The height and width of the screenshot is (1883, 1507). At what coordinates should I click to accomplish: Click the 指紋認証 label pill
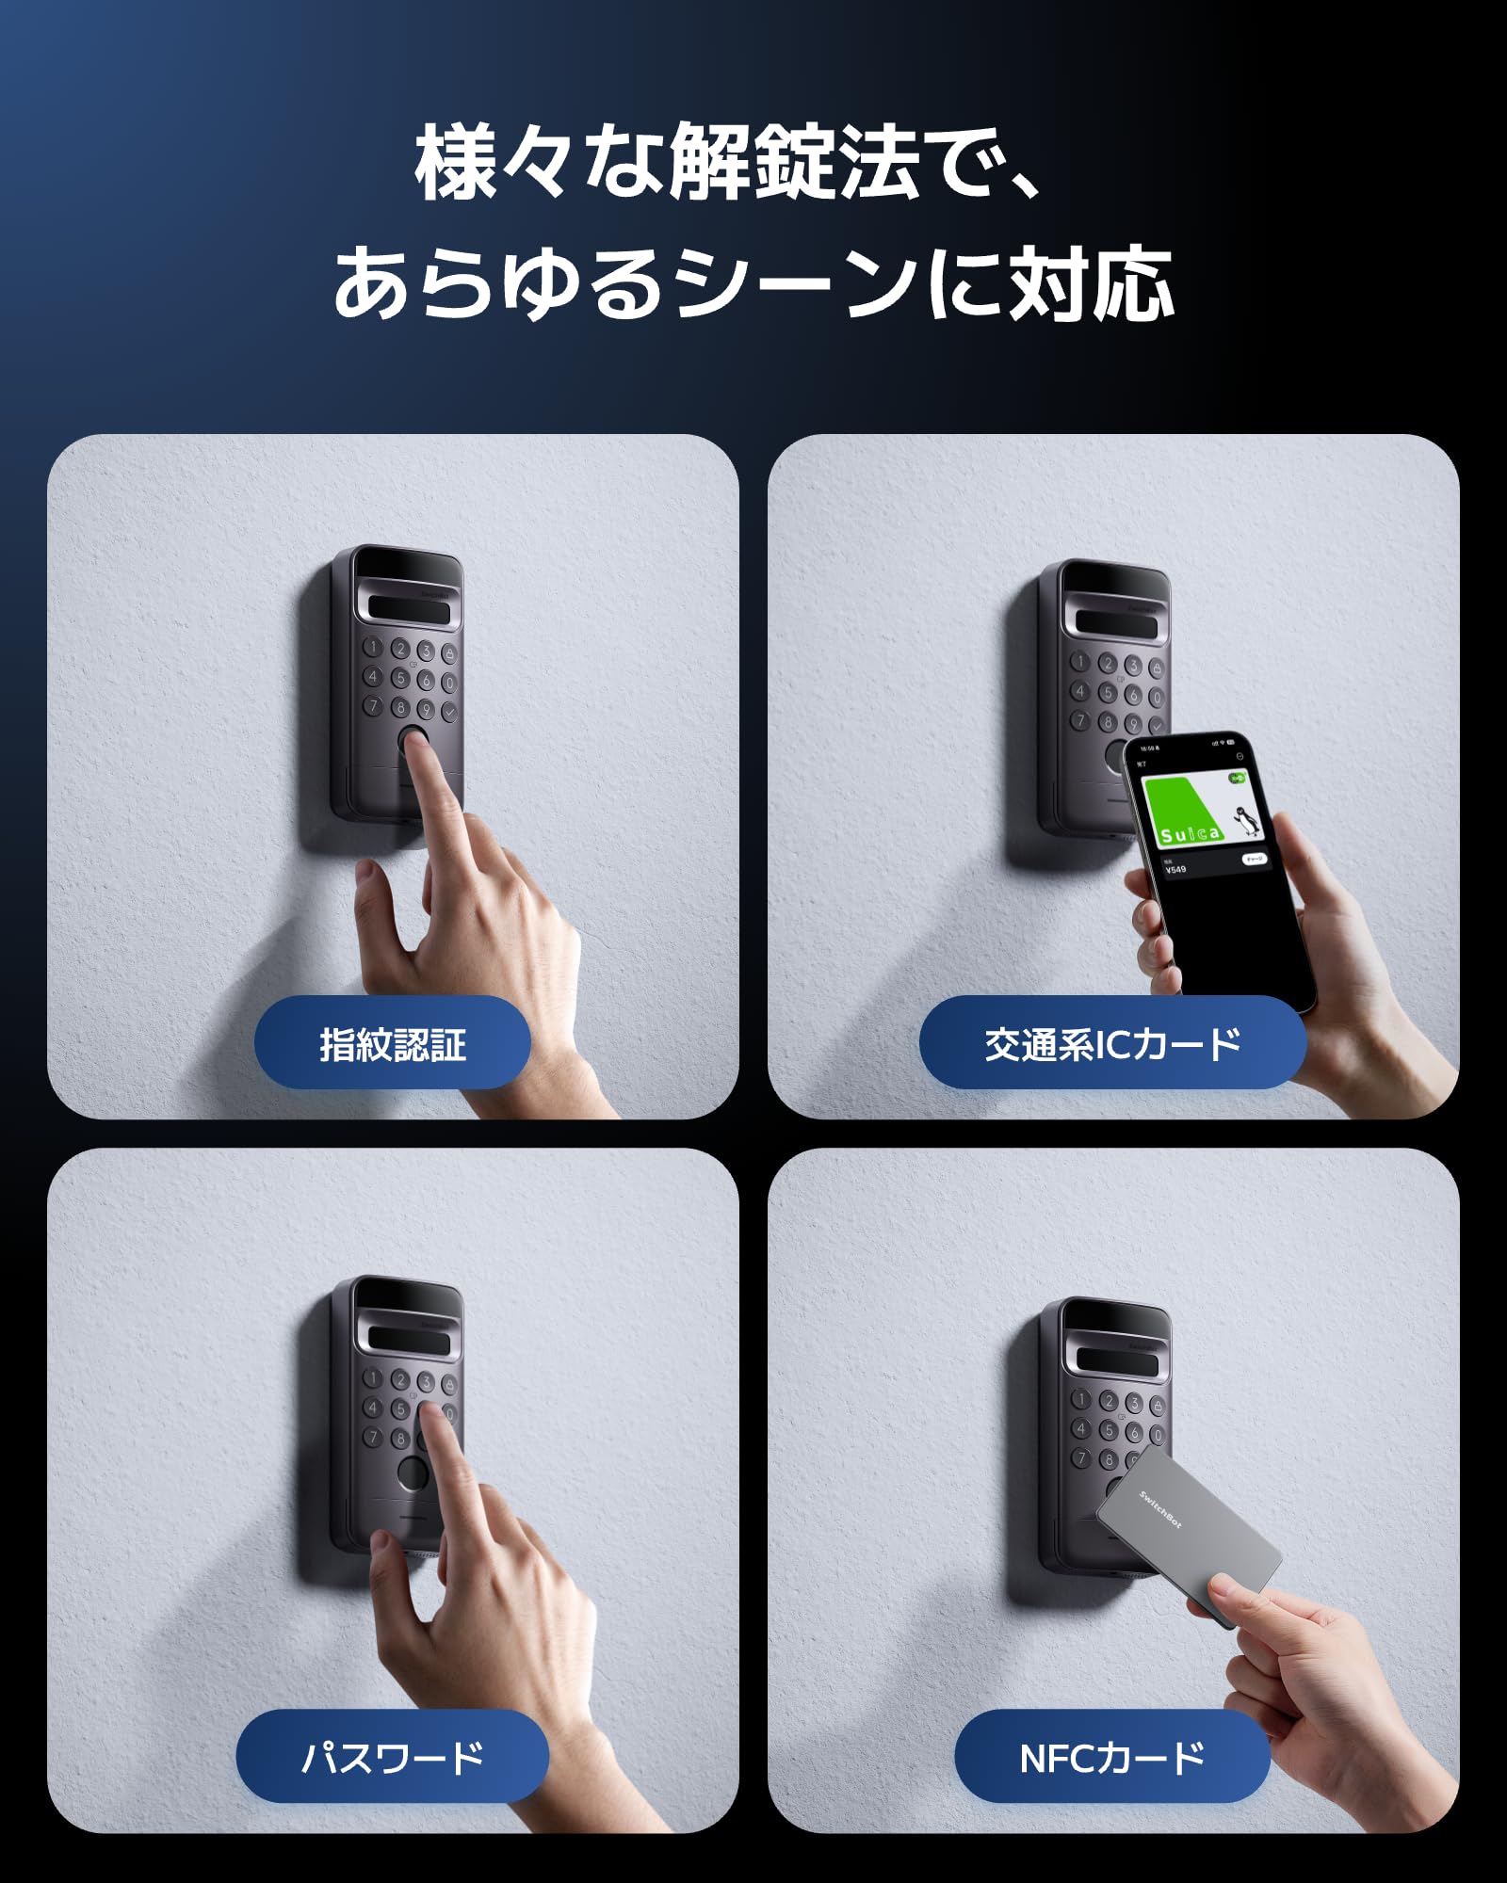tap(392, 1043)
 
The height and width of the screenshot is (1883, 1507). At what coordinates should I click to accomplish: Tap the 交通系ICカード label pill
tap(1112, 1043)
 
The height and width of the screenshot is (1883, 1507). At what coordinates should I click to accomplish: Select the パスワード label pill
tap(392, 1757)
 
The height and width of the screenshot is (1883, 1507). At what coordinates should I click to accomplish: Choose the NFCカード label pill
tap(1112, 1757)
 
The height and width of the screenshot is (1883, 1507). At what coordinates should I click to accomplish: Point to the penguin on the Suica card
tap(1245, 821)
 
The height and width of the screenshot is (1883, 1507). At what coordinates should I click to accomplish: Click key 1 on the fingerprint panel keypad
tap(373, 647)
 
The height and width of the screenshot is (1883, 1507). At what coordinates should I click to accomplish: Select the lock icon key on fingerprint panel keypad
tap(450, 653)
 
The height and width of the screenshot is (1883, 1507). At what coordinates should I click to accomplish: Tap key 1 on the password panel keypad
tap(373, 1378)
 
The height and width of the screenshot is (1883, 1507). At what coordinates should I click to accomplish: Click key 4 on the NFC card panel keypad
tap(1081, 1428)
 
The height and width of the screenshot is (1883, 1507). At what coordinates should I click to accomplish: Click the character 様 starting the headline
tap(457, 162)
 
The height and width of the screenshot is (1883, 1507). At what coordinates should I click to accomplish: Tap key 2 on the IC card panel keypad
tap(1109, 664)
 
